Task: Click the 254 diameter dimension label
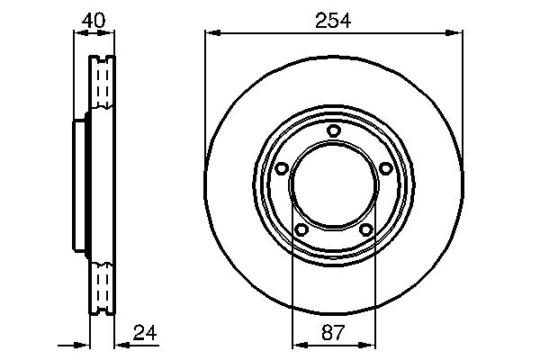[334, 19]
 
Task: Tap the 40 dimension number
[94, 19]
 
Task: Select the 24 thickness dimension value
[144, 332]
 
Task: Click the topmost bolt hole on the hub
[334, 131]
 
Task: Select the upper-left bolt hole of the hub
[281, 168]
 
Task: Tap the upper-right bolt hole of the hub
[386, 168]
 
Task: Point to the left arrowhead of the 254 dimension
[211, 34]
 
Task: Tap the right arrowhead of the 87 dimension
[369, 344]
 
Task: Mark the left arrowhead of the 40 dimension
[76, 34]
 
